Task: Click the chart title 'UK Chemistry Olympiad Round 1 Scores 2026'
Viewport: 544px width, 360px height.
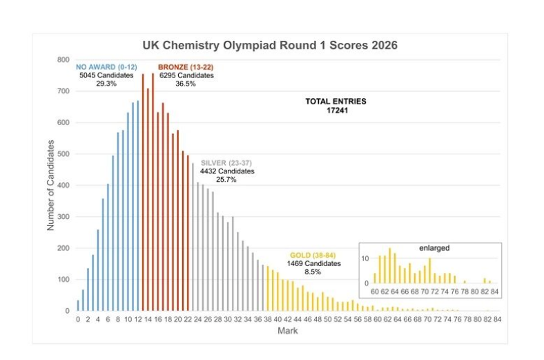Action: pyautogui.click(x=270, y=46)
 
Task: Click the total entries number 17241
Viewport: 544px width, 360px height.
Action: pyautogui.click(x=336, y=110)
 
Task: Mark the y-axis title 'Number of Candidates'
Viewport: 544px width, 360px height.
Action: pyautogui.click(x=52, y=184)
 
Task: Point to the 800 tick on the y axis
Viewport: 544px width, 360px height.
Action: pyautogui.click(x=63, y=60)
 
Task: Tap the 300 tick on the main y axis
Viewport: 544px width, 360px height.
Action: pyautogui.click(x=63, y=217)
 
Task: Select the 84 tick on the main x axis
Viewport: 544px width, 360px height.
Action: pyautogui.click(x=496, y=320)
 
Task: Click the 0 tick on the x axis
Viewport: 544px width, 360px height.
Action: pyautogui.click(x=78, y=320)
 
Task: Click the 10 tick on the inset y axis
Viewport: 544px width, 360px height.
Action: pyautogui.click(x=365, y=258)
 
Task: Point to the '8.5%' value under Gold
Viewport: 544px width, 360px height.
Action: pyautogui.click(x=313, y=272)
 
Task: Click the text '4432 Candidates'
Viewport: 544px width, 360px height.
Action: pyautogui.click(x=227, y=171)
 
